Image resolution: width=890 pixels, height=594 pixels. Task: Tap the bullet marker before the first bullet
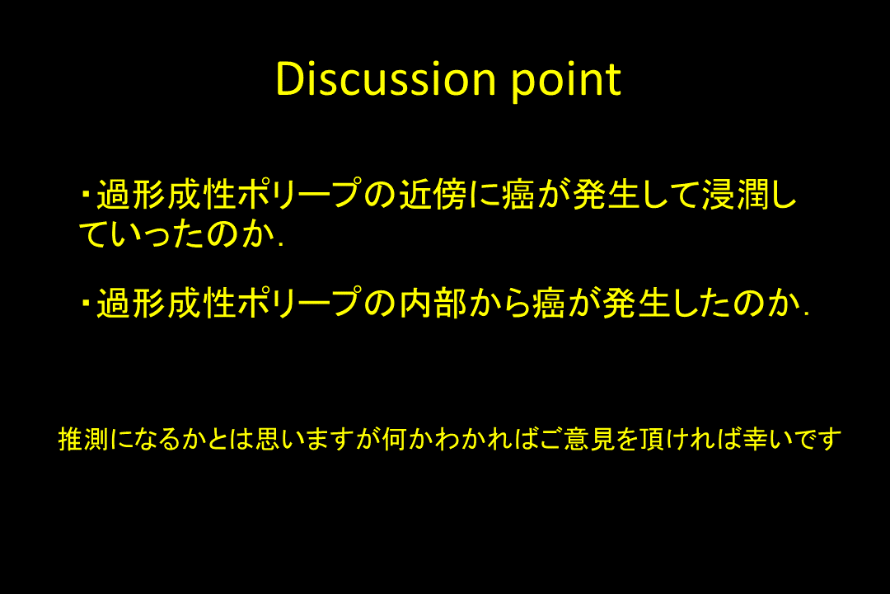coord(86,195)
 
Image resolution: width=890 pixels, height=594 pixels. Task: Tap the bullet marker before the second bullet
coord(86,303)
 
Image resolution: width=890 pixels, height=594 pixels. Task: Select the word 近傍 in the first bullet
coord(433,195)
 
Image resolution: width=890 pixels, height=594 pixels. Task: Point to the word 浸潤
coord(736,195)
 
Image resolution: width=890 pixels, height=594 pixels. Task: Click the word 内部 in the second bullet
coord(433,303)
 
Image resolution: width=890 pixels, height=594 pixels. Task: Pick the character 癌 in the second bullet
coord(548,303)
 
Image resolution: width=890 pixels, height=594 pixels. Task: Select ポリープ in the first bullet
coord(300,195)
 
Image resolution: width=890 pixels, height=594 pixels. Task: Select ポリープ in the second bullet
coord(300,303)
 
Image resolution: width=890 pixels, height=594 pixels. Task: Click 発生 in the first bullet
coord(607,195)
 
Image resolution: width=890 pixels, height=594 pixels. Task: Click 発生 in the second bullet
coord(636,303)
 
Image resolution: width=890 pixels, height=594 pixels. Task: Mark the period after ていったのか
coord(281,245)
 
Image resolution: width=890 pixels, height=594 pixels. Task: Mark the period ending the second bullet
coord(806,313)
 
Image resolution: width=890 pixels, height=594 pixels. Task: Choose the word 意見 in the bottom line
coord(590,439)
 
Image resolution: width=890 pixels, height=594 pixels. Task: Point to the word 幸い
coord(768,439)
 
